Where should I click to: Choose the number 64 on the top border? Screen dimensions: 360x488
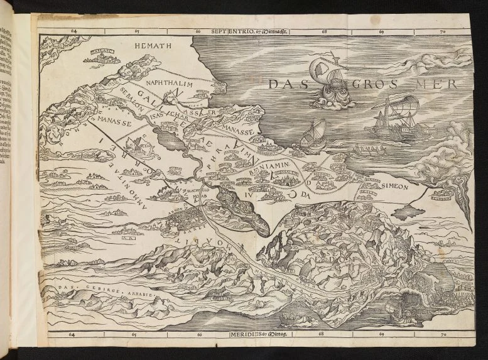tap(74, 30)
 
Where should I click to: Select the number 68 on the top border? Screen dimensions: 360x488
tap(324, 30)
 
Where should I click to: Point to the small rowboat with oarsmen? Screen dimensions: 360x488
tap(369, 151)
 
